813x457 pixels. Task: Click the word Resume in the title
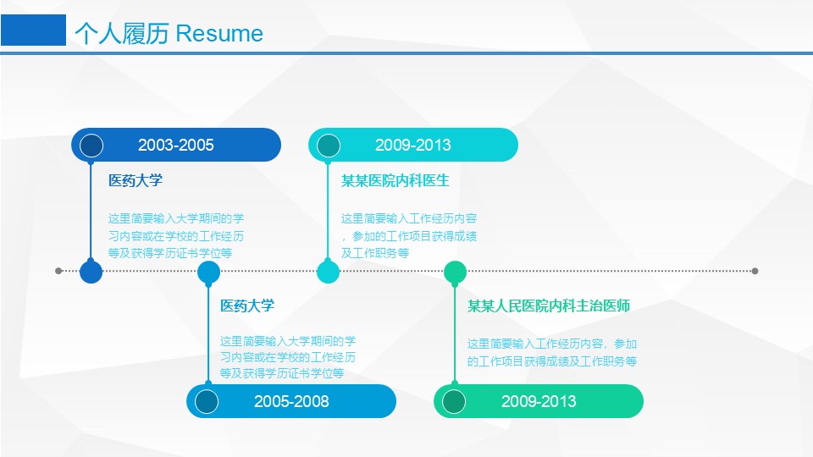click(x=219, y=34)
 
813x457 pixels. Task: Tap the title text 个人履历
click(x=122, y=34)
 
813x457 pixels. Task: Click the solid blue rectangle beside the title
click(x=33, y=30)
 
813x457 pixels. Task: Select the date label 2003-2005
click(x=176, y=145)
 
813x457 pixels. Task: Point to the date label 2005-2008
click(x=291, y=401)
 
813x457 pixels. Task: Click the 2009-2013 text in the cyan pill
click(x=412, y=145)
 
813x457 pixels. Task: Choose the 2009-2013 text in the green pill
click(x=539, y=401)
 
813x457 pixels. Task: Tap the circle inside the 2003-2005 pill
click(x=91, y=145)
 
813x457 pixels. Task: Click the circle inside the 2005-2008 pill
click(x=207, y=401)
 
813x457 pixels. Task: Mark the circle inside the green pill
click(x=454, y=401)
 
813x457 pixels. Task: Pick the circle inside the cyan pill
click(x=329, y=145)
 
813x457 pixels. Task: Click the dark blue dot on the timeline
click(x=91, y=272)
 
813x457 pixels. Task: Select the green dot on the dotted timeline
click(x=456, y=272)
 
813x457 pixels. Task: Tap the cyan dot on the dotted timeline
click(x=329, y=272)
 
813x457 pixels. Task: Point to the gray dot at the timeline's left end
click(x=58, y=271)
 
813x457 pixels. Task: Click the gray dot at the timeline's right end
click(x=755, y=271)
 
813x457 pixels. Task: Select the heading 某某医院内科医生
click(x=395, y=181)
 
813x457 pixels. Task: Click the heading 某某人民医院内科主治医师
click(x=549, y=306)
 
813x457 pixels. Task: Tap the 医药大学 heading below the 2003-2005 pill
click(x=135, y=181)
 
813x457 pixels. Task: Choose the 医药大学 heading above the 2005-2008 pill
click(x=247, y=306)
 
